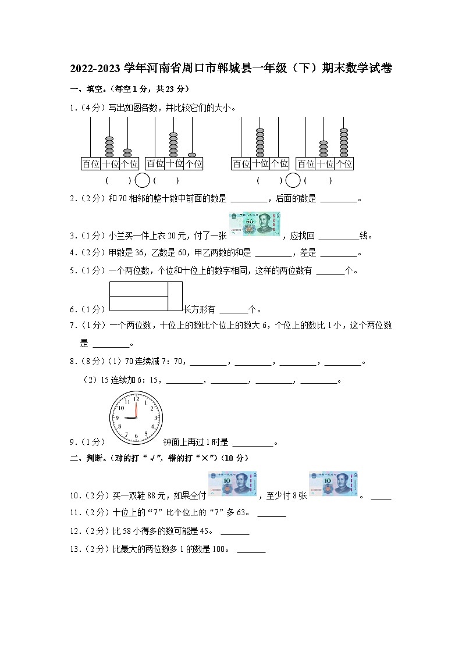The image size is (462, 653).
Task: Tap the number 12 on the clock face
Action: (136, 399)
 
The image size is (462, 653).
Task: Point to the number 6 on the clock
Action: (136, 436)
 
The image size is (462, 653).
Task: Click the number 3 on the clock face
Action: (154, 418)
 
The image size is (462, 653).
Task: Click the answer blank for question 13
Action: (251, 550)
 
